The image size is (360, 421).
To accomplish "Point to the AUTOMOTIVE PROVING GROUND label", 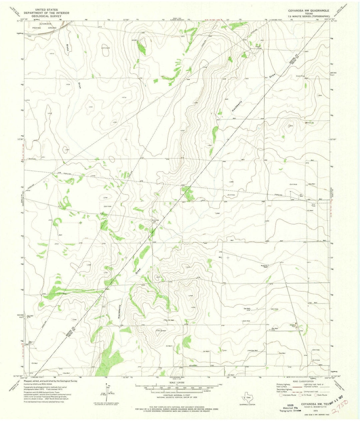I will pos(47,26).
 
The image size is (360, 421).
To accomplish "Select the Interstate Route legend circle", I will pos(281,395).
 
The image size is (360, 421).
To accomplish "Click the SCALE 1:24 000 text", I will pos(176,383).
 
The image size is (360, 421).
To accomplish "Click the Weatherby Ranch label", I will pos(265,266).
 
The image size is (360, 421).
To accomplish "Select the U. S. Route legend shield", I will pos(299,395).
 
